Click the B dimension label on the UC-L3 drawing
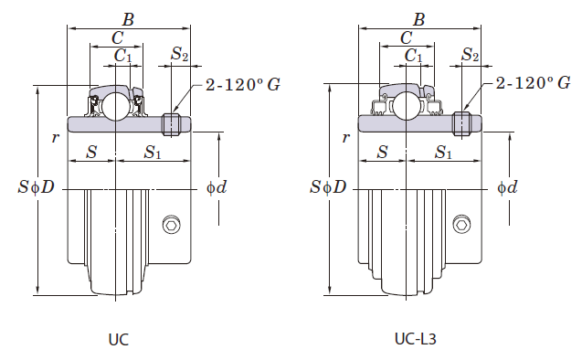[x=418, y=17]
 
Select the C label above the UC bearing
[x=117, y=37]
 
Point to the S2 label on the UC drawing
[x=180, y=56]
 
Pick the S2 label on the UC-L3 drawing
[x=471, y=56]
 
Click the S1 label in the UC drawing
[x=153, y=153]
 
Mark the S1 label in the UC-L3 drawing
[x=444, y=153]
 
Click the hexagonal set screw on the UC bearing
[x=171, y=226]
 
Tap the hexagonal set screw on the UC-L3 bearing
[x=462, y=226]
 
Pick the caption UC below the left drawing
[x=118, y=339]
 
